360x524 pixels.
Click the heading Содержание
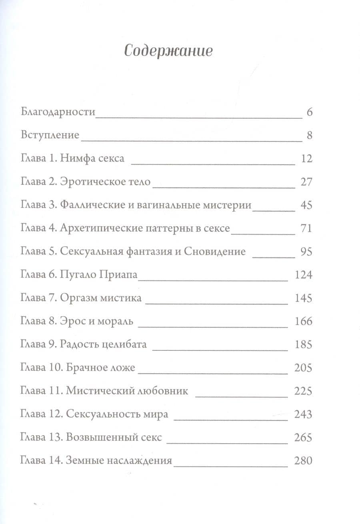coord(168,52)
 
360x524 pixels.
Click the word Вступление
coord(50,135)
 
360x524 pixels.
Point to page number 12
coord(306,158)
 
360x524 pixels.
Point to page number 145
coord(303,298)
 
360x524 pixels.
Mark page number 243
coord(303,414)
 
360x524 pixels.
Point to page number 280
coord(303,460)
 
